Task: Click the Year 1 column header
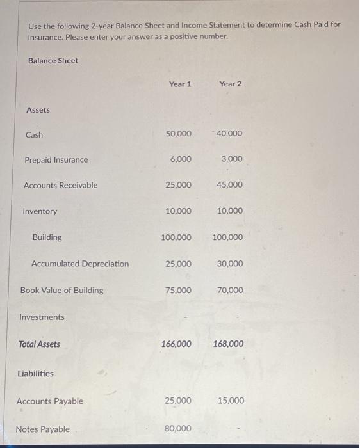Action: coord(180,84)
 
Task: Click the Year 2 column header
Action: coord(231,84)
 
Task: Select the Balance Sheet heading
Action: coord(53,61)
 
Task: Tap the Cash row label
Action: coord(34,135)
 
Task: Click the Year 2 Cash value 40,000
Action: coord(230,134)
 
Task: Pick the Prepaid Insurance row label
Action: coord(56,160)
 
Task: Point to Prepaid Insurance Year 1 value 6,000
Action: coord(181,159)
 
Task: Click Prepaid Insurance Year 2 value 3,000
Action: coord(232,159)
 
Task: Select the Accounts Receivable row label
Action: coord(60,186)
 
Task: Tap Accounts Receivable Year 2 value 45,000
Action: coord(230,185)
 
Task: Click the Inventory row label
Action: coord(40,211)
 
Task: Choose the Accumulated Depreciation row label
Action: coord(80,264)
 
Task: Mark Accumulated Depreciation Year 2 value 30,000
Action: coord(230,264)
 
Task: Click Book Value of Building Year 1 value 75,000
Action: coord(178,291)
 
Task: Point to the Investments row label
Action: coord(42,317)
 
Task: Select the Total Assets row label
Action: coord(39,344)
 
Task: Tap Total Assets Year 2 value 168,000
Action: coord(227,344)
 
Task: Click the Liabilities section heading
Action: coord(36,374)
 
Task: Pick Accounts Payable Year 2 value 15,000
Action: coord(231,401)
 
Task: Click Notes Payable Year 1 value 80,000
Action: coord(178,429)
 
